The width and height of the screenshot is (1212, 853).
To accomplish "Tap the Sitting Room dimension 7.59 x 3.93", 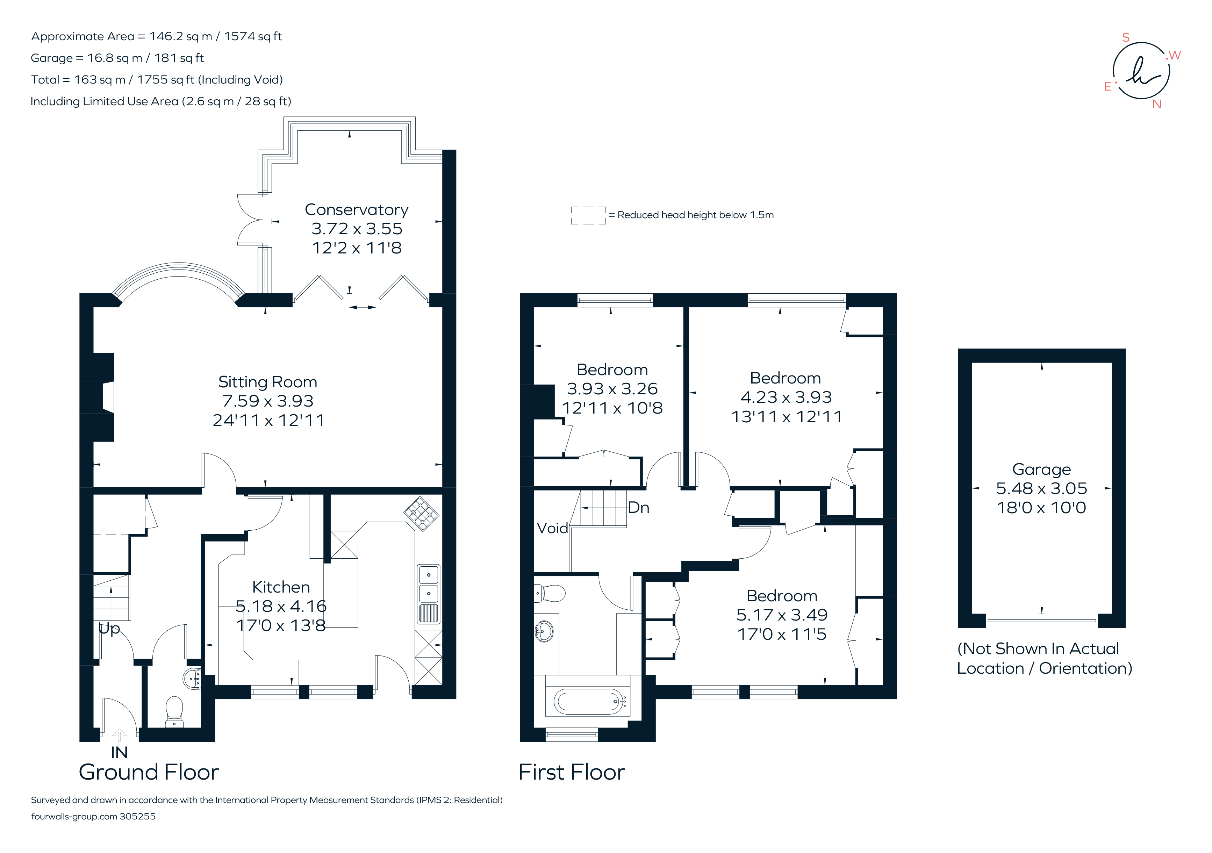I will tap(268, 401).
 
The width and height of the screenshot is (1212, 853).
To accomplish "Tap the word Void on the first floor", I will tap(552, 528).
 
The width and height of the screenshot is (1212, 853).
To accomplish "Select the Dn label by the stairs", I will tap(638, 508).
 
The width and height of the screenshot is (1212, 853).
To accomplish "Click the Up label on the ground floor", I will tap(109, 629).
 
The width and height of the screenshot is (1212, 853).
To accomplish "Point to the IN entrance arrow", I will tap(119, 735).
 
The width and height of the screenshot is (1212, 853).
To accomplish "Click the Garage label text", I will tap(1041, 469).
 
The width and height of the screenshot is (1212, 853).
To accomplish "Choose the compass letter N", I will tap(1156, 105).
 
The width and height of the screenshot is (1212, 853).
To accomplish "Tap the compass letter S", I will tap(1125, 37).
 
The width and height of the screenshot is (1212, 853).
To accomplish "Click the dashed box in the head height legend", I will tap(588, 215).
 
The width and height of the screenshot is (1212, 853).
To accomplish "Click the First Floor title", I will tap(571, 772).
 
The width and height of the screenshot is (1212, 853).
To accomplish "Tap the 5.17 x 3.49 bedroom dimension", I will tap(781, 615).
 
